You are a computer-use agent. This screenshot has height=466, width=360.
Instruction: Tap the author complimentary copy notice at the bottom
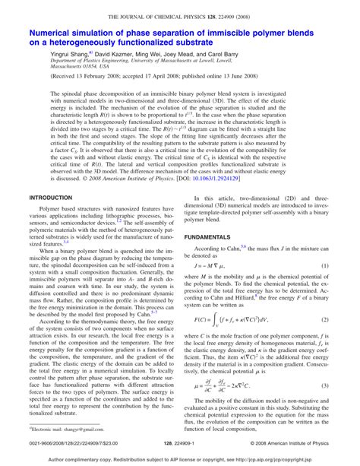(180, 460)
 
